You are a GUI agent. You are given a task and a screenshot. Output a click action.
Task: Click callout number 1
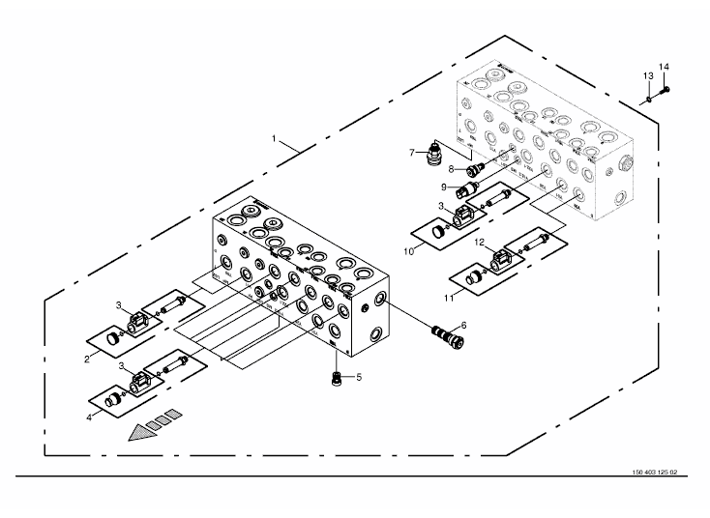tap(275, 140)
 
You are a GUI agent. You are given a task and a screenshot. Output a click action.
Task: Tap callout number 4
tap(89, 418)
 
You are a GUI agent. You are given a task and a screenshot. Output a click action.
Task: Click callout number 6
tap(463, 326)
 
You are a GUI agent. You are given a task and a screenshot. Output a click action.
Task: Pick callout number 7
tap(412, 152)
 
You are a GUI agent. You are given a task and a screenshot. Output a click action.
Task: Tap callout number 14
tap(665, 66)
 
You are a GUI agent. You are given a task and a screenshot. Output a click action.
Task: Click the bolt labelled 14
tap(666, 91)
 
